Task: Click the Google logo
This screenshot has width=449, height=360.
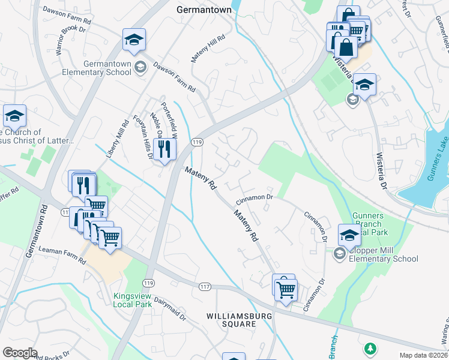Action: pos(20,353)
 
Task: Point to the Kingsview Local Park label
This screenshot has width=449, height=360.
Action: pos(131,300)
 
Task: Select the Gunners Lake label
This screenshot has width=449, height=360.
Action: pos(439,167)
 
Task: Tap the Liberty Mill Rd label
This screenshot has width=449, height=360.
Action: pos(117,140)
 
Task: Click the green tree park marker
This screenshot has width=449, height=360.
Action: pos(371,347)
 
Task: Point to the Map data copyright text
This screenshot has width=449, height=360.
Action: pos(424,355)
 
